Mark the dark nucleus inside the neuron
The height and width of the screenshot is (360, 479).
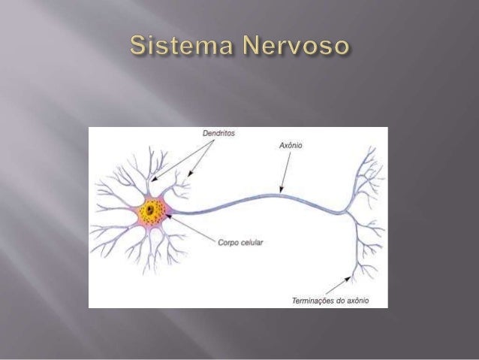click(x=152, y=210)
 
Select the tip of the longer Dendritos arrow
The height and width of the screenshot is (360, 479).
click(x=150, y=180)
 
